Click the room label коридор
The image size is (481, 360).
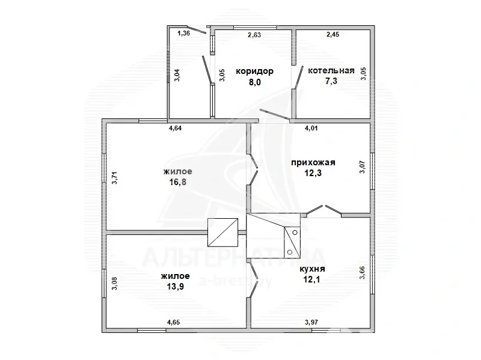coord(254,72)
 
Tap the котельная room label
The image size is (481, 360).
coord(331,70)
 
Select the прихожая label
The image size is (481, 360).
coord(313,162)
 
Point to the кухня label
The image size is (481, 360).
coord(312,269)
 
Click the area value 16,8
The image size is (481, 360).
coord(177,182)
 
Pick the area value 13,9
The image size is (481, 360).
coord(175,287)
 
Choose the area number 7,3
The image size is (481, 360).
coord(331,81)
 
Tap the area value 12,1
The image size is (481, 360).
coord(312,279)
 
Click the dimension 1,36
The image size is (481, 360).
coord(184,33)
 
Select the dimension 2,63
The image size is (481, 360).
coord(254,35)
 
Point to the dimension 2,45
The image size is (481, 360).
coord(333,34)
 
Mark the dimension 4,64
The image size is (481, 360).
coord(175,128)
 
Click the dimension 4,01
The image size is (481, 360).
coord(311,128)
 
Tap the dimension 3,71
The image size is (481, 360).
coord(114,177)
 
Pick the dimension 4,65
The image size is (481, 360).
coord(173,322)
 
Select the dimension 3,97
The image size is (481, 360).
coord(311,322)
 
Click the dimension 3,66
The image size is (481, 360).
coord(363,272)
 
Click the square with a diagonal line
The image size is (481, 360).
coord(222,233)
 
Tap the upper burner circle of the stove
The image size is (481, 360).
coord(295,233)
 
